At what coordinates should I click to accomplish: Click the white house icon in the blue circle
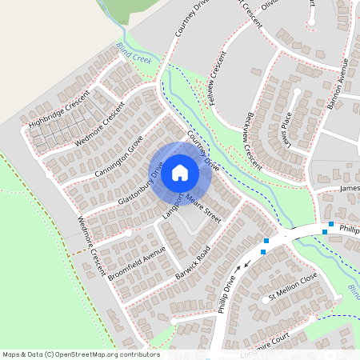[x=180, y=173]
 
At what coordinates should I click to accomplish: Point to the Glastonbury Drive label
[x=140, y=184]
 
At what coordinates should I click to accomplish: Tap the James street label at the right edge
[x=350, y=190]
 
